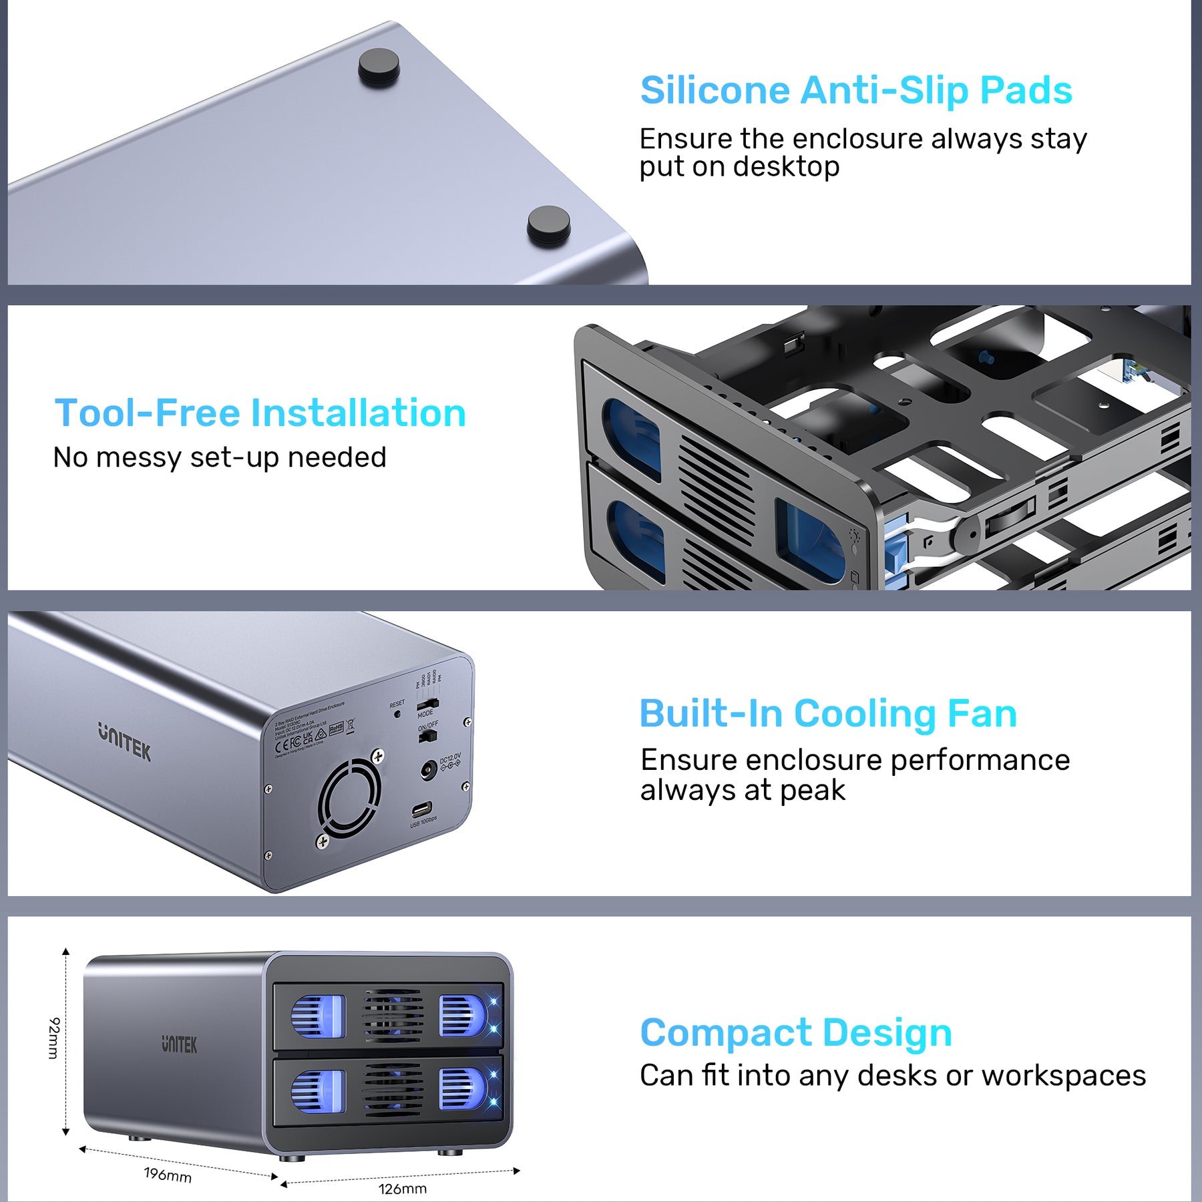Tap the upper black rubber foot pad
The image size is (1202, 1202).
click(379, 67)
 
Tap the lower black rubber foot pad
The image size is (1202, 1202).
click(548, 225)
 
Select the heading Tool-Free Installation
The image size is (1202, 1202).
click(260, 413)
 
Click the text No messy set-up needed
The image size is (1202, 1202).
click(220, 458)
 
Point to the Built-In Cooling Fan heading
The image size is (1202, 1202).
click(828, 713)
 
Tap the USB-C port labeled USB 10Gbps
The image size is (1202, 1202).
click(421, 810)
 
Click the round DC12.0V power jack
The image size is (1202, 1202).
click(428, 771)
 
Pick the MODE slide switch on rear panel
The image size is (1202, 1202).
click(427, 704)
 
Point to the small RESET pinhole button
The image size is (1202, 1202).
click(398, 714)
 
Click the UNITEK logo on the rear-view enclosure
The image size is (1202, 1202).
click(125, 741)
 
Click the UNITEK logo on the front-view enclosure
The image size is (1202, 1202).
click(179, 1044)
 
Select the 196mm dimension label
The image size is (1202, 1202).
click(168, 1175)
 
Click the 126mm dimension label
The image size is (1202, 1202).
click(403, 1189)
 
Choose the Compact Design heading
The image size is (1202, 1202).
click(795, 1032)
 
